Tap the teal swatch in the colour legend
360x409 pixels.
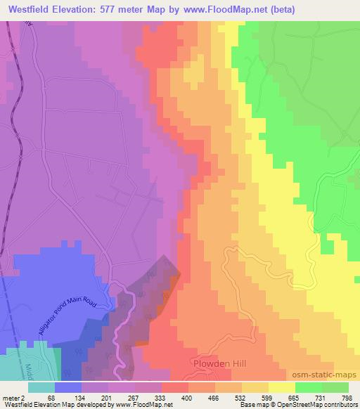(x=41, y=387)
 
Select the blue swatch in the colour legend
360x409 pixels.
(x=68, y=387)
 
